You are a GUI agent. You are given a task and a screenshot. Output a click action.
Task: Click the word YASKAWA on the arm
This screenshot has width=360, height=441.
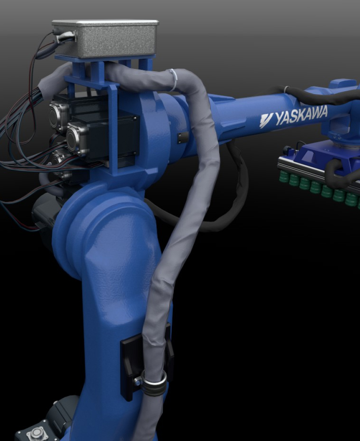click(x=301, y=115)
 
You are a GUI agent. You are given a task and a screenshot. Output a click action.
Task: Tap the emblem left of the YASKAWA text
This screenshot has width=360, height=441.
click(x=266, y=120)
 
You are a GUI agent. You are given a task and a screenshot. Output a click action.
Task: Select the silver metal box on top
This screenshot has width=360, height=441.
click(x=105, y=38)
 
